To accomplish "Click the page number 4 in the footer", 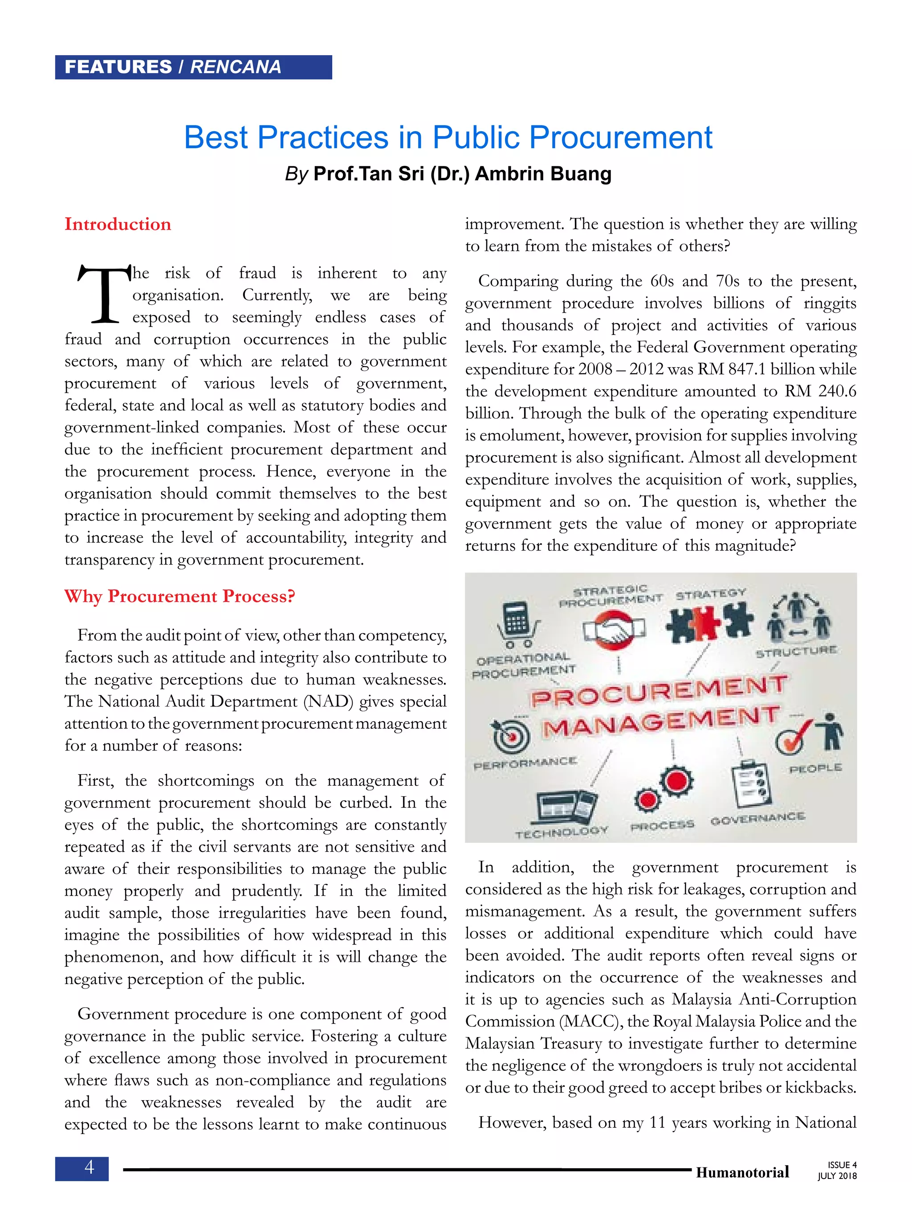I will coord(89,1167).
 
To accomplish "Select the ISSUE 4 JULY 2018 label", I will coord(837,1171).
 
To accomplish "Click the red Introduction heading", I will coord(118,224).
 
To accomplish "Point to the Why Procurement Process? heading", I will coord(180,596).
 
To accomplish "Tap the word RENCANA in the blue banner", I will coord(235,67).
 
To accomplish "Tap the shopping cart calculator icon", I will coord(517,623).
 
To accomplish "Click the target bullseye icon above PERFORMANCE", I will coord(511,736).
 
